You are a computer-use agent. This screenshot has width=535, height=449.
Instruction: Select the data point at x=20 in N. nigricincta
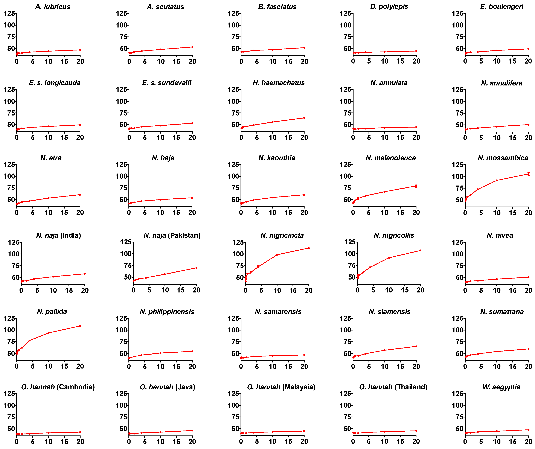309,248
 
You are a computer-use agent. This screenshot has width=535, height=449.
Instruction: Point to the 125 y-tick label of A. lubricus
9,13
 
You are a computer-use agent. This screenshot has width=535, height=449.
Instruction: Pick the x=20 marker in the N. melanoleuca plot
416,186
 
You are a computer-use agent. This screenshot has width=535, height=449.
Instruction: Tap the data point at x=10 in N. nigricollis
389,258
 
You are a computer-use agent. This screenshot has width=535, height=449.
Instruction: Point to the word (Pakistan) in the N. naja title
184,235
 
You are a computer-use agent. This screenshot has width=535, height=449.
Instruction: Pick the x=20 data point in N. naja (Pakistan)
196,268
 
